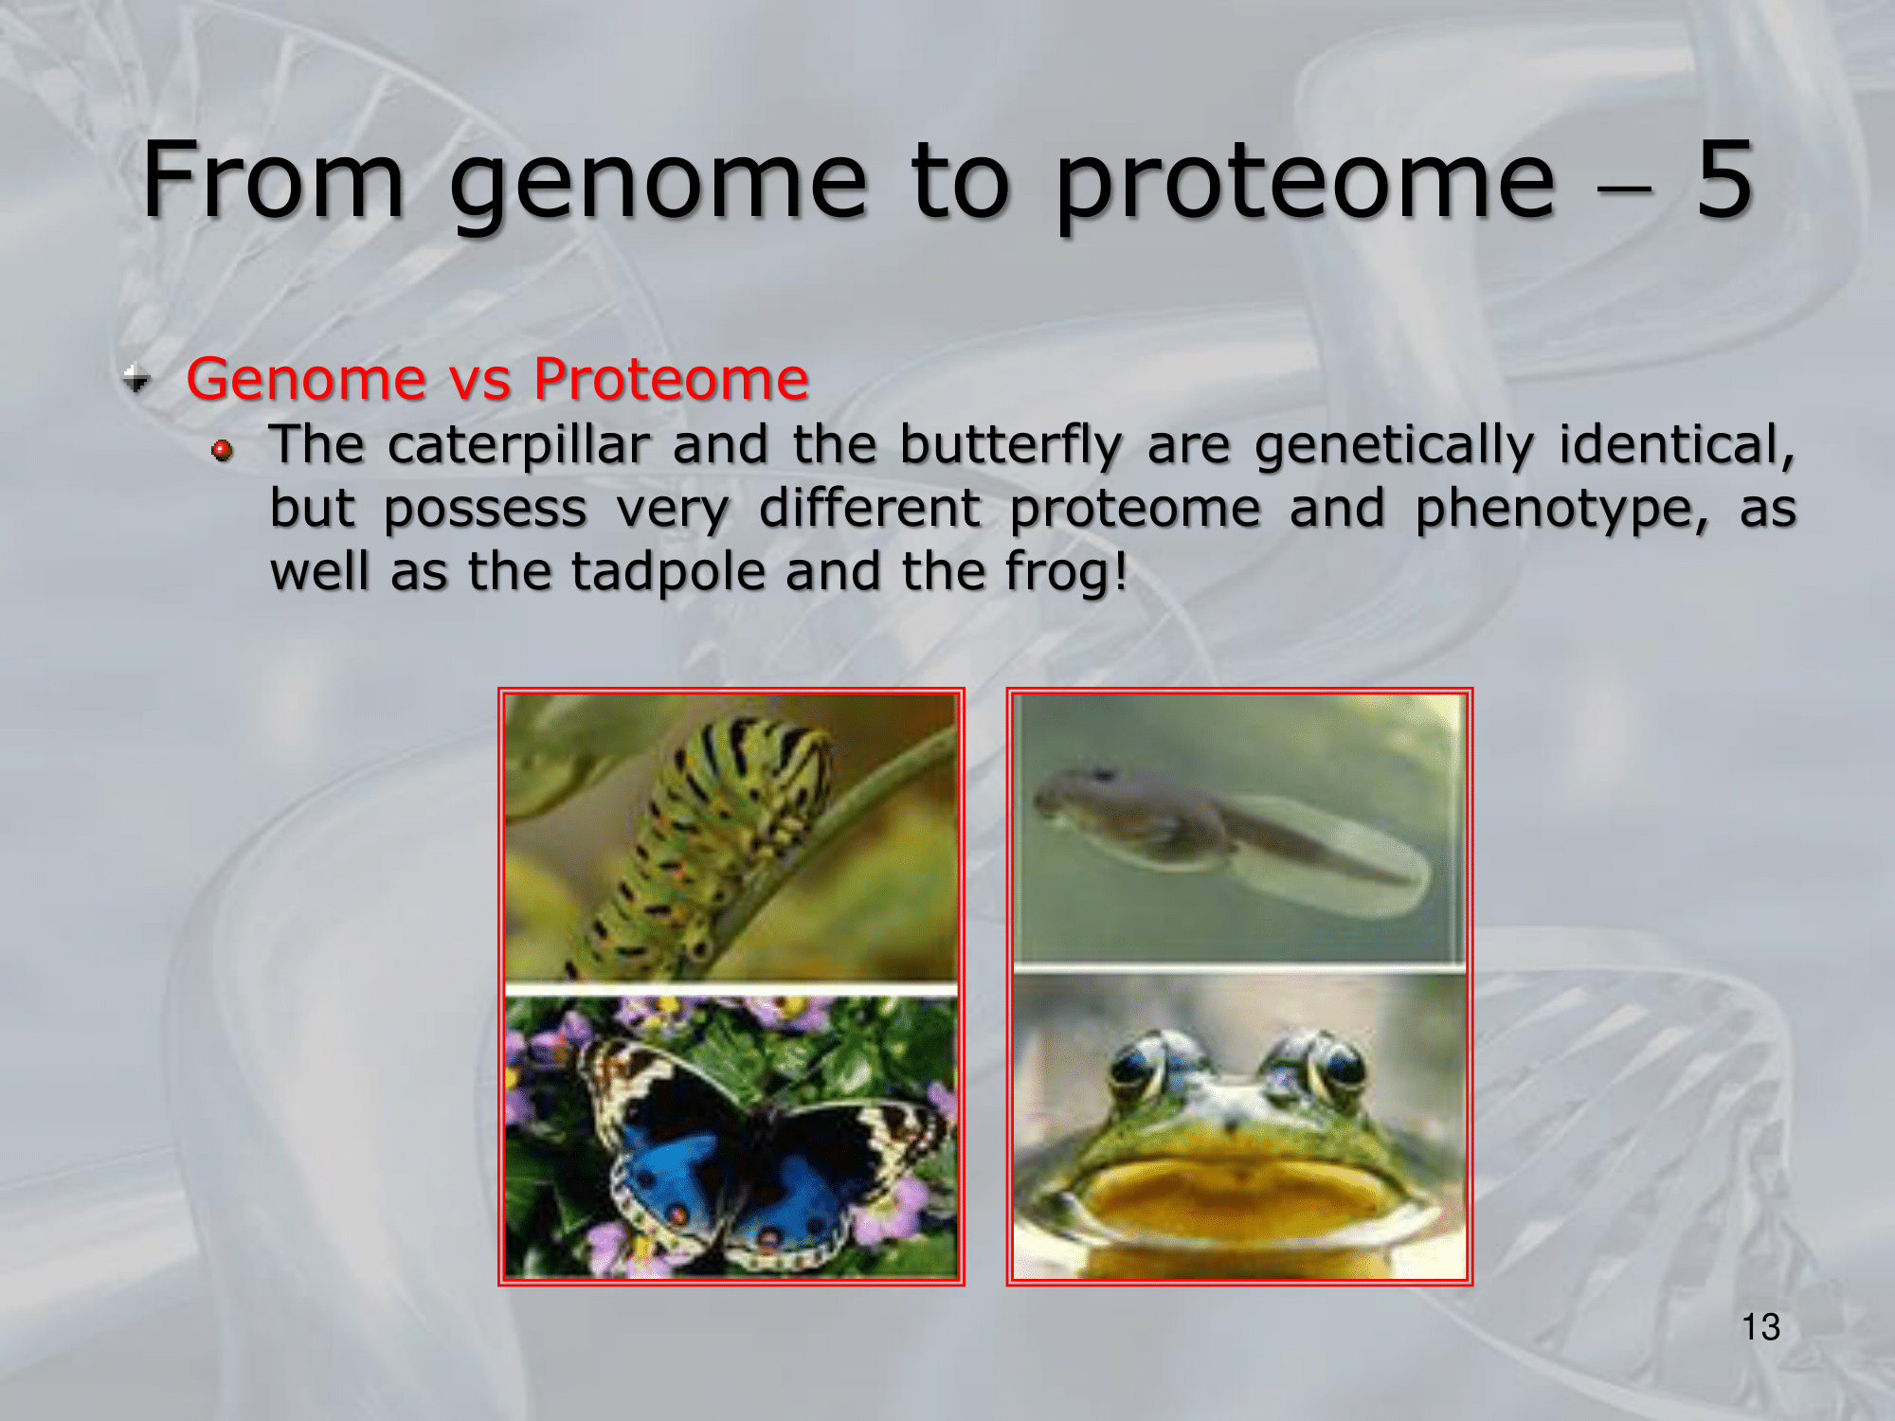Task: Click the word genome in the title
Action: pos(659,185)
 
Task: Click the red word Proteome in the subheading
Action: pos(671,379)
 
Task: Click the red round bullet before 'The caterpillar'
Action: pos(223,450)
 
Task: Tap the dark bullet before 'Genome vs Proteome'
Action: pos(136,379)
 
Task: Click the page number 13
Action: pos(1760,1327)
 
